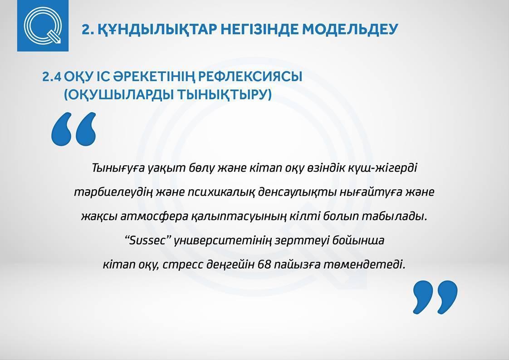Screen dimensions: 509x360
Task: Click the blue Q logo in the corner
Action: coord(43,26)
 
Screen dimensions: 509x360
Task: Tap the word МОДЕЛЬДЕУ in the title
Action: coord(350,30)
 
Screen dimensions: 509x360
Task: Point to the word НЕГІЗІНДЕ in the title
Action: coord(259,29)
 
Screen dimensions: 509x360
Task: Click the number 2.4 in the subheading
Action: coord(52,77)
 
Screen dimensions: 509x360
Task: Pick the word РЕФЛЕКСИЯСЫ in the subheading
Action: coord(250,77)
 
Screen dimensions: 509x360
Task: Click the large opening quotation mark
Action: coord(74,129)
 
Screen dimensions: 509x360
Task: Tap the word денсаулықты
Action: coord(297,192)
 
